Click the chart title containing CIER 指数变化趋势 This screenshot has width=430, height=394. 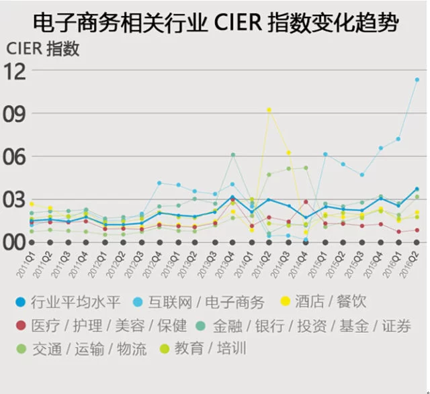(215, 23)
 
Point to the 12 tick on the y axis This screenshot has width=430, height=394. (18, 70)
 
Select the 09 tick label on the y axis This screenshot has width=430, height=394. (18, 113)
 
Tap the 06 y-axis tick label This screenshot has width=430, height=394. (18, 156)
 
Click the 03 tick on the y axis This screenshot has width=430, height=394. (18, 199)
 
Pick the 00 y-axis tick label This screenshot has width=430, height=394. (18, 242)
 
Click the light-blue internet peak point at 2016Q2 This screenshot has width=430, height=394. (417, 79)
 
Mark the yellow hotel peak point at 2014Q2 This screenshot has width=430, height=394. (269, 109)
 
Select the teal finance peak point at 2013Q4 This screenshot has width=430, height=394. (233, 155)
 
